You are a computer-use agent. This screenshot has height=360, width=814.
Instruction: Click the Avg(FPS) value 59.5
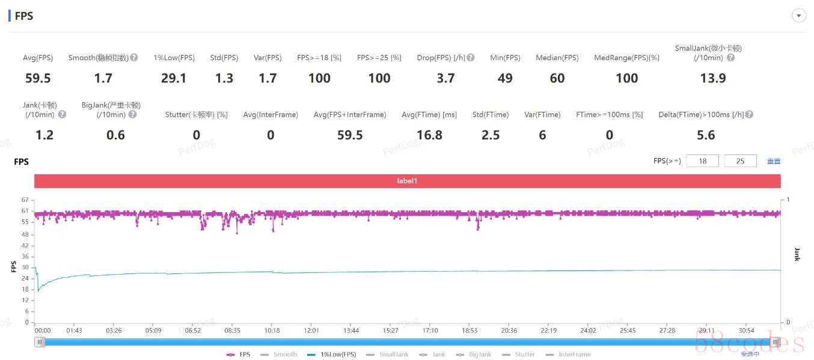(38, 78)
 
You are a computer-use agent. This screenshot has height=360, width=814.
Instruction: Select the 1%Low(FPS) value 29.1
(174, 78)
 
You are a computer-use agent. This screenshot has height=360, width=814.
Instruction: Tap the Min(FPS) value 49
(505, 78)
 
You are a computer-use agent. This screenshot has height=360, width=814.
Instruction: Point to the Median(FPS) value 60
(557, 78)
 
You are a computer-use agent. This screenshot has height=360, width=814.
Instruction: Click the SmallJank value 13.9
(713, 78)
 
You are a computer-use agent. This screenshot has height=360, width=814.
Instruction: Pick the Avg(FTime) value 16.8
(429, 135)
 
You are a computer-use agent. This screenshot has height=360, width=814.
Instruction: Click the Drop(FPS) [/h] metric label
(441, 58)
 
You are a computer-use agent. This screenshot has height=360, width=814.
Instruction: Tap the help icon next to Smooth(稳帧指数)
(134, 58)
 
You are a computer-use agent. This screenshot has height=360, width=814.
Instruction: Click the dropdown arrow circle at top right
(799, 16)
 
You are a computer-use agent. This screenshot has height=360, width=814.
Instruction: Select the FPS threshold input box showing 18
(702, 161)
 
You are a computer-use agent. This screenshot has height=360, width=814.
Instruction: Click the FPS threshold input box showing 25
(740, 161)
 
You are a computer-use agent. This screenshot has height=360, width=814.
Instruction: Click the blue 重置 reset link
(774, 161)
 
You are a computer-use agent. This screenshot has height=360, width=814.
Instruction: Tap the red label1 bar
(407, 181)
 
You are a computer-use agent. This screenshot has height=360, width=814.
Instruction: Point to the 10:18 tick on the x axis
(272, 331)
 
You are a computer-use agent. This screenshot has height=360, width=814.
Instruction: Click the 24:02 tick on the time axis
(588, 331)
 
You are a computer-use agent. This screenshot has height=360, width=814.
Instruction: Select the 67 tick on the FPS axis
(25, 200)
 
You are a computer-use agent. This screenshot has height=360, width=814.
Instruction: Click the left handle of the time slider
(40, 342)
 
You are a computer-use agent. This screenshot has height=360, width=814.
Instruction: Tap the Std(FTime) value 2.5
(491, 135)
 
